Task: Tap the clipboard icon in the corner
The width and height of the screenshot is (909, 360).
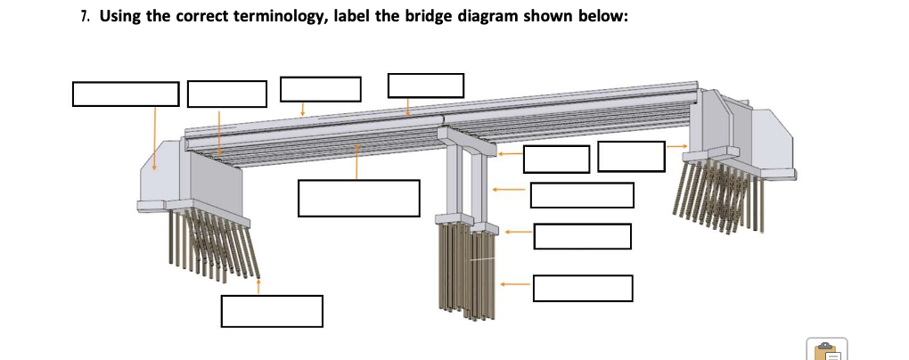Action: click(826, 349)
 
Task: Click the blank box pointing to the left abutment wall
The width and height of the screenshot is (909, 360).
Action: click(126, 94)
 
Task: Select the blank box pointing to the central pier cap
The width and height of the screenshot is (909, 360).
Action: click(556, 159)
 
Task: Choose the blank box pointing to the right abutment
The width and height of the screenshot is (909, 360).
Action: click(631, 156)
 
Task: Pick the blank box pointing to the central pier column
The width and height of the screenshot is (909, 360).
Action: click(581, 194)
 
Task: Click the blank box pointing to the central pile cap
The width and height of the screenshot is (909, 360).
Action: click(582, 236)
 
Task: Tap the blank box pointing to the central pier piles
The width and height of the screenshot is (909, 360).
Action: click(583, 288)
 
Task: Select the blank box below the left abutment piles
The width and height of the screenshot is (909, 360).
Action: click(272, 311)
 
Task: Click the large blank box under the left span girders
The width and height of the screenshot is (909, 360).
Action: click(358, 198)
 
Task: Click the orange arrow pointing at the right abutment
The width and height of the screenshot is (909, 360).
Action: click(677, 146)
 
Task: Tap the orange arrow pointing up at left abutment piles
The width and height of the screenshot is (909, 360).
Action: click(258, 286)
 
